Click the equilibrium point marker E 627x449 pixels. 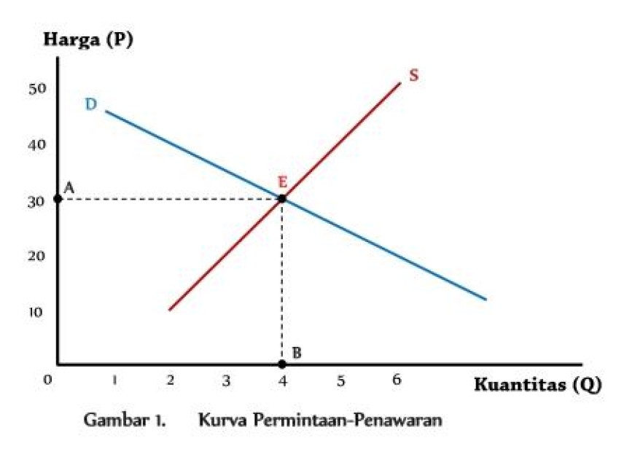[x=281, y=198]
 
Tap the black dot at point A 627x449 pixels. [x=58, y=198]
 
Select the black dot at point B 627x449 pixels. [x=282, y=364]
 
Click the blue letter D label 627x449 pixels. [x=91, y=104]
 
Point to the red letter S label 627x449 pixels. [x=413, y=75]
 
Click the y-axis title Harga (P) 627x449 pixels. [x=88, y=39]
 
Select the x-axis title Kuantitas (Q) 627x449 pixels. [x=538, y=385]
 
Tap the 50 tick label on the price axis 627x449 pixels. [x=38, y=88]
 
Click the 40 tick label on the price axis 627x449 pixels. [x=38, y=144]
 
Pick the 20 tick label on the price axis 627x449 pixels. [x=38, y=256]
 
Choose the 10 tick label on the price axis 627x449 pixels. [x=38, y=312]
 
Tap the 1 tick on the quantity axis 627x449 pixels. [x=114, y=380]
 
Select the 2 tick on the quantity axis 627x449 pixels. [x=170, y=380]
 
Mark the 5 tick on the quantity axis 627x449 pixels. [x=340, y=380]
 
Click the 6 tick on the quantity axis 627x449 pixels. [x=397, y=380]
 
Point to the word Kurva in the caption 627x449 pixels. [x=223, y=421]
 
